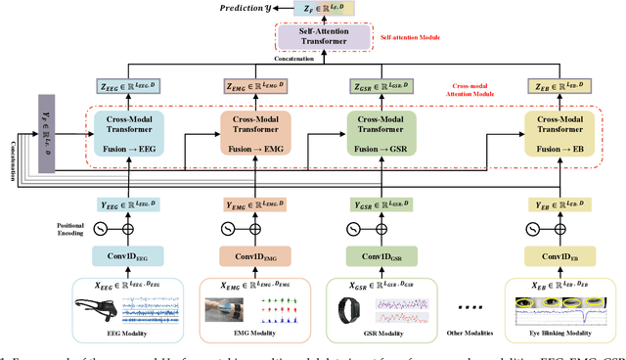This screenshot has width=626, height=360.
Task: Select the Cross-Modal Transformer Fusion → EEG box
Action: click(128, 134)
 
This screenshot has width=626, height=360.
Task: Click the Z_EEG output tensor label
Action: click(128, 86)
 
